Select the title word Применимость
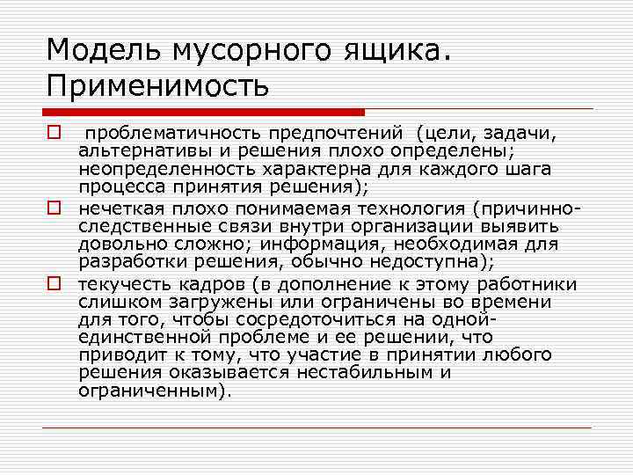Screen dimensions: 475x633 157,86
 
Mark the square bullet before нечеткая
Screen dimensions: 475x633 54,209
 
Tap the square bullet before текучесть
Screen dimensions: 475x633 54,284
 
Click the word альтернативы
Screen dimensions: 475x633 133,149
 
